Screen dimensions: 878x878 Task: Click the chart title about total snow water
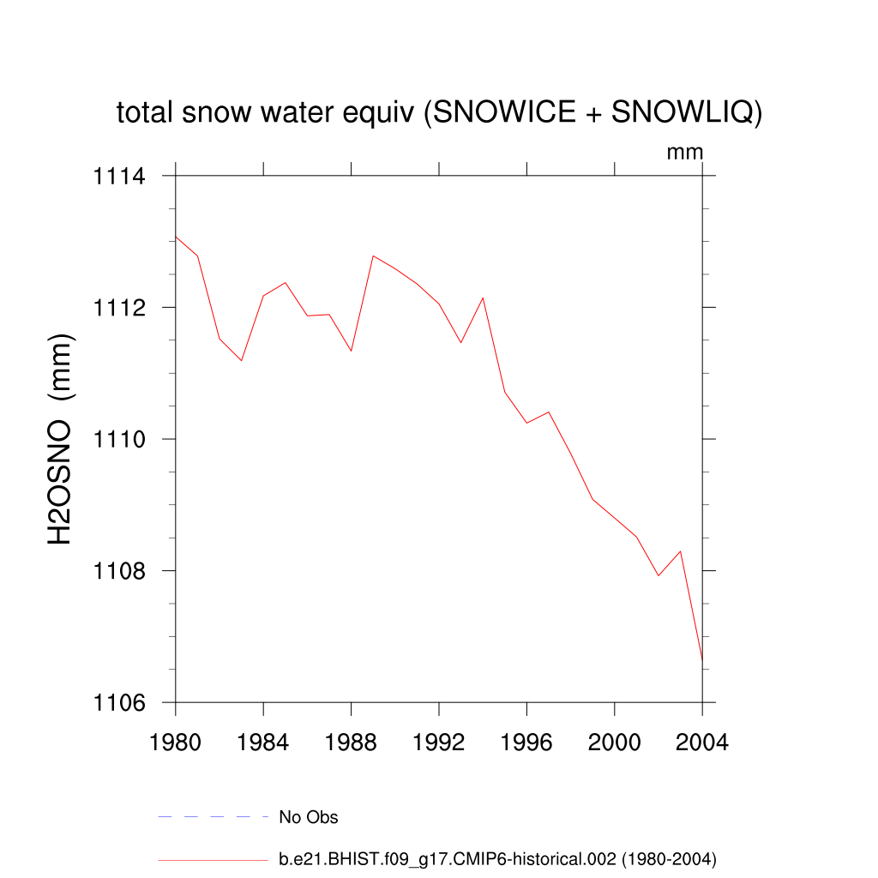(439, 112)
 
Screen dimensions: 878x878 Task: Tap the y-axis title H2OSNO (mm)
(61, 439)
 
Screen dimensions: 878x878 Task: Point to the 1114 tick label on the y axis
(120, 177)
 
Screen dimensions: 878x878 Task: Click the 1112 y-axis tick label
(120, 308)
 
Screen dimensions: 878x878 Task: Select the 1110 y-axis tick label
(120, 440)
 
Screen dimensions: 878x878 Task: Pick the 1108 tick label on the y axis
(120, 571)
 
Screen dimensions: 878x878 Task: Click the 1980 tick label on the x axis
(176, 743)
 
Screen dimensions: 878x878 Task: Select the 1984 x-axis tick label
(263, 743)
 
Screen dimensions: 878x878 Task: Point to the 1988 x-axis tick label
(352, 743)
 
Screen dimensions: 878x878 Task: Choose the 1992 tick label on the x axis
(439, 743)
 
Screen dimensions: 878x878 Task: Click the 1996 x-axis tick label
(527, 743)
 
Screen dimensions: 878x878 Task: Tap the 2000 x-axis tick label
(615, 743)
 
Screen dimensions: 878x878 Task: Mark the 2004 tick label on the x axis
(702, 743)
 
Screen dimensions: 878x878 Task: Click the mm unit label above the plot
(685, 153)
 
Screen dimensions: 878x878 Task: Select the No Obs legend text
(309, 817)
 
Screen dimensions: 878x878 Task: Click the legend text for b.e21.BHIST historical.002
(497, 858)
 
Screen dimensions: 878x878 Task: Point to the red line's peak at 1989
(373, 256)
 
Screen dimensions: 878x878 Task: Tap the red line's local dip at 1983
(242, 360)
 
